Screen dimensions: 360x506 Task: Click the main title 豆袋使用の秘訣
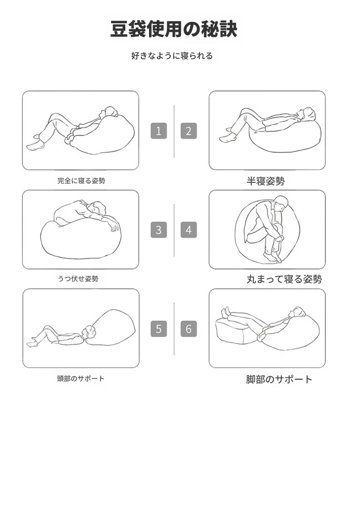[174, 29]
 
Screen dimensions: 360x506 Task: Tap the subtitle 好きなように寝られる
[172, 56]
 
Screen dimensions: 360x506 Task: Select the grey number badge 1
[159, 131]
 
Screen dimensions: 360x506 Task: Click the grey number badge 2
[189, 131]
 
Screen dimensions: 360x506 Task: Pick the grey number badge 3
[159, 230]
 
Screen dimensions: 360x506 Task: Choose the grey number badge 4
[189, 230]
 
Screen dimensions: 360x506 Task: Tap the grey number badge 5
[159, 329]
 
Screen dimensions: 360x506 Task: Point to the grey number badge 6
[189, 329]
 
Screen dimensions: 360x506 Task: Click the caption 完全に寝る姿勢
[81, 181]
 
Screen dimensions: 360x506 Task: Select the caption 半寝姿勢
[266, 181]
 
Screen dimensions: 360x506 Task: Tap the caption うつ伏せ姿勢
[78, 279]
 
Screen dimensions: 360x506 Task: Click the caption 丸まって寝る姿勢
[284, 279]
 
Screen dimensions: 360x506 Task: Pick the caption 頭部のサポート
[81, 378]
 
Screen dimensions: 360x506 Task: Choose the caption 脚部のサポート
[279, 379]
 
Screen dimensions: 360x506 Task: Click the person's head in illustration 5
[88, 333]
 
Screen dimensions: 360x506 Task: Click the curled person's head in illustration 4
[281, 204]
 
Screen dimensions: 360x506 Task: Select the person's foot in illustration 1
[35, 146]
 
